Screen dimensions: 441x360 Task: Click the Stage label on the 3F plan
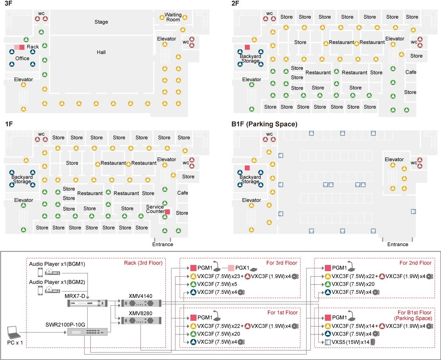click(x=101, y=22)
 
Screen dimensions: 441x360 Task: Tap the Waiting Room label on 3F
click(x=173, y=17)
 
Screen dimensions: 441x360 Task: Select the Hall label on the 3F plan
click(x=101, y=52)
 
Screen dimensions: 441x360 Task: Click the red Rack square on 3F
click(x=22, y=47)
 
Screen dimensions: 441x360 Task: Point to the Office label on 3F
click(x=22, y=58)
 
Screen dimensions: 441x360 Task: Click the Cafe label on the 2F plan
click(x=410, y=72)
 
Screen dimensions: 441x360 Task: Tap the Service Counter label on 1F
click(x=155, y=209)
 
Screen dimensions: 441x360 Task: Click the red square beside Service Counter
click(x=167, y=212)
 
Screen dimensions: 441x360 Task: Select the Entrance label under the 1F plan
click(x=163, y=244)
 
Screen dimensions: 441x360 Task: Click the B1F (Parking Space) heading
click(x=264, y=124)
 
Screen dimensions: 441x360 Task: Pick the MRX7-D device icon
click(x=87, y=303)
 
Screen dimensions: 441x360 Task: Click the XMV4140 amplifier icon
click(x=141, y=303)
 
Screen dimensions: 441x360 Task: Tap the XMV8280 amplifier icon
click(x=141, y=320)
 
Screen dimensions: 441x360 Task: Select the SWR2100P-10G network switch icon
click(x=87, y=332)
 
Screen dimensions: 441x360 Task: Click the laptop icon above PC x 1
click(x=14, y=332)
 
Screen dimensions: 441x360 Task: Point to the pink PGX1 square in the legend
click(x=231, y=268)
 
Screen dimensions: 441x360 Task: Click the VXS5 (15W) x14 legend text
click(x=351, y=342)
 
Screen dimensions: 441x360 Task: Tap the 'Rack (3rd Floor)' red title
click(x=143, y=263)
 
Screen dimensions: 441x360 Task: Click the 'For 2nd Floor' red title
click(x=416, y=263)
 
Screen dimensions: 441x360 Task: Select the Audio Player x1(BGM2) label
click(x=57, y=282)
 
